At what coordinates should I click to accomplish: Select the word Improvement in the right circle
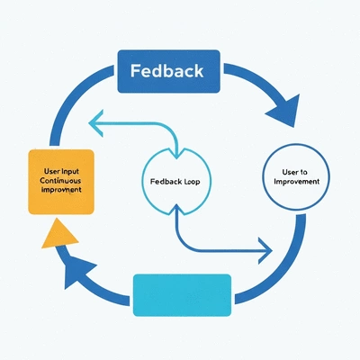296,183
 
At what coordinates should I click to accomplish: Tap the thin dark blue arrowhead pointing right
264,245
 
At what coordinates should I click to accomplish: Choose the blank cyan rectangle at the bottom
182,293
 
